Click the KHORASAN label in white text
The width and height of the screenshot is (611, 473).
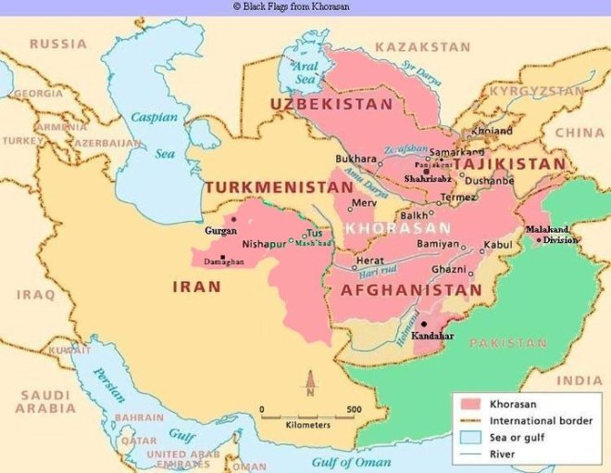[398, 227]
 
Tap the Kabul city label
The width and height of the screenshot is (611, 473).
[498, 244]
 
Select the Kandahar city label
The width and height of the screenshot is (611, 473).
[433, 335]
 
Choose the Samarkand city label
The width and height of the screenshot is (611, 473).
[457, 151]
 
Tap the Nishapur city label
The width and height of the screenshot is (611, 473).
[264, 246]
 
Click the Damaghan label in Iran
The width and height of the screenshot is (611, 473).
[225, 262]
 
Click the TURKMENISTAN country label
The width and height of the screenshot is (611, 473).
[279, 187]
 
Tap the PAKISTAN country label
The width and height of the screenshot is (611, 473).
[508, 342]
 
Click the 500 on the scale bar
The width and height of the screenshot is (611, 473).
[354, 409]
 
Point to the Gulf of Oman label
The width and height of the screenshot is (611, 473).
[351, 461]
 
